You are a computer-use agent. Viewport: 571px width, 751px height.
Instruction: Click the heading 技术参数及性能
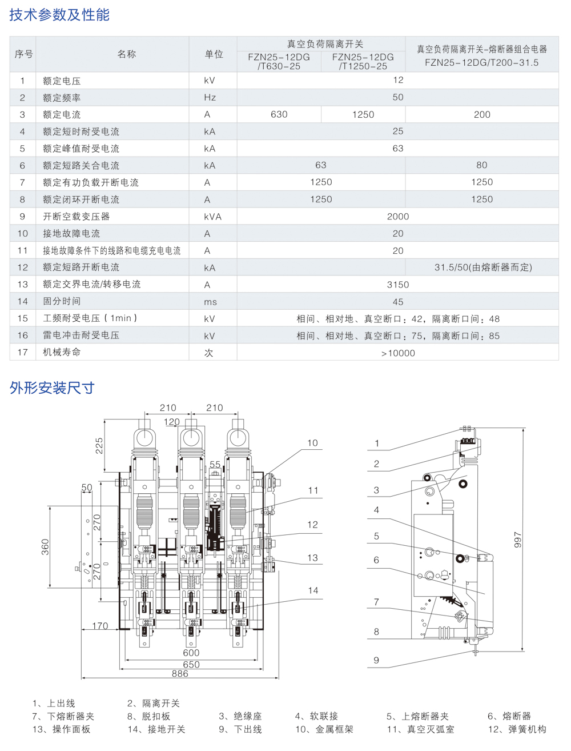tap(59, 15)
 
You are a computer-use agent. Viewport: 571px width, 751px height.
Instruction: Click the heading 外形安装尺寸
tap(52, 388)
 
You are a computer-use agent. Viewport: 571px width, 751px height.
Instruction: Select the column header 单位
tap(214, 54)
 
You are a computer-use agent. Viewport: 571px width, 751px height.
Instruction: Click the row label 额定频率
tap(62, 98)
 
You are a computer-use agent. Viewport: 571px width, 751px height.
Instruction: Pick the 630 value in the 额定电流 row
tap(279, 114)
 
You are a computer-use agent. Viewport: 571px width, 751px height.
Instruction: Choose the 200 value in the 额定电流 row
tap(482, 114)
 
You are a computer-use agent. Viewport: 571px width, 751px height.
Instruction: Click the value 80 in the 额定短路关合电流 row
tap(482, 165)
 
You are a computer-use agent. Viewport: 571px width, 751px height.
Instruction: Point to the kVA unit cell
tap(212, 217)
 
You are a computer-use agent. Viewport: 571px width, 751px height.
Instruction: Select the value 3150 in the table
tap(398, 285)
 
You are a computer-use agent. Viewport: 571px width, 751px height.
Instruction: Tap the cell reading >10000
tap(398, 353)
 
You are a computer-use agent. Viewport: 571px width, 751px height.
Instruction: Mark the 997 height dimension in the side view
tap(518, 540)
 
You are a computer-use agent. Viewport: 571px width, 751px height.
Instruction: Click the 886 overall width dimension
tap(180, 674)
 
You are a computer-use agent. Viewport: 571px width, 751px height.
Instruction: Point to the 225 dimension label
tap(99, 446)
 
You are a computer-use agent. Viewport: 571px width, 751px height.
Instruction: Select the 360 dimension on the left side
tap(46, 547)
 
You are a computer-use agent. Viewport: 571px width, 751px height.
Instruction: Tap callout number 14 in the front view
tap(313, 590)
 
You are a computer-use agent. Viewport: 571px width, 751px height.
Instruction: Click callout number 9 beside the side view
tap(376, 660)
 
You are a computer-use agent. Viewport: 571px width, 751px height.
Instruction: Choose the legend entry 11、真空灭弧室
tap(420, 729)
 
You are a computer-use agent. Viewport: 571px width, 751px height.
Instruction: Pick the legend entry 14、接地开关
tap(156, 729)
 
